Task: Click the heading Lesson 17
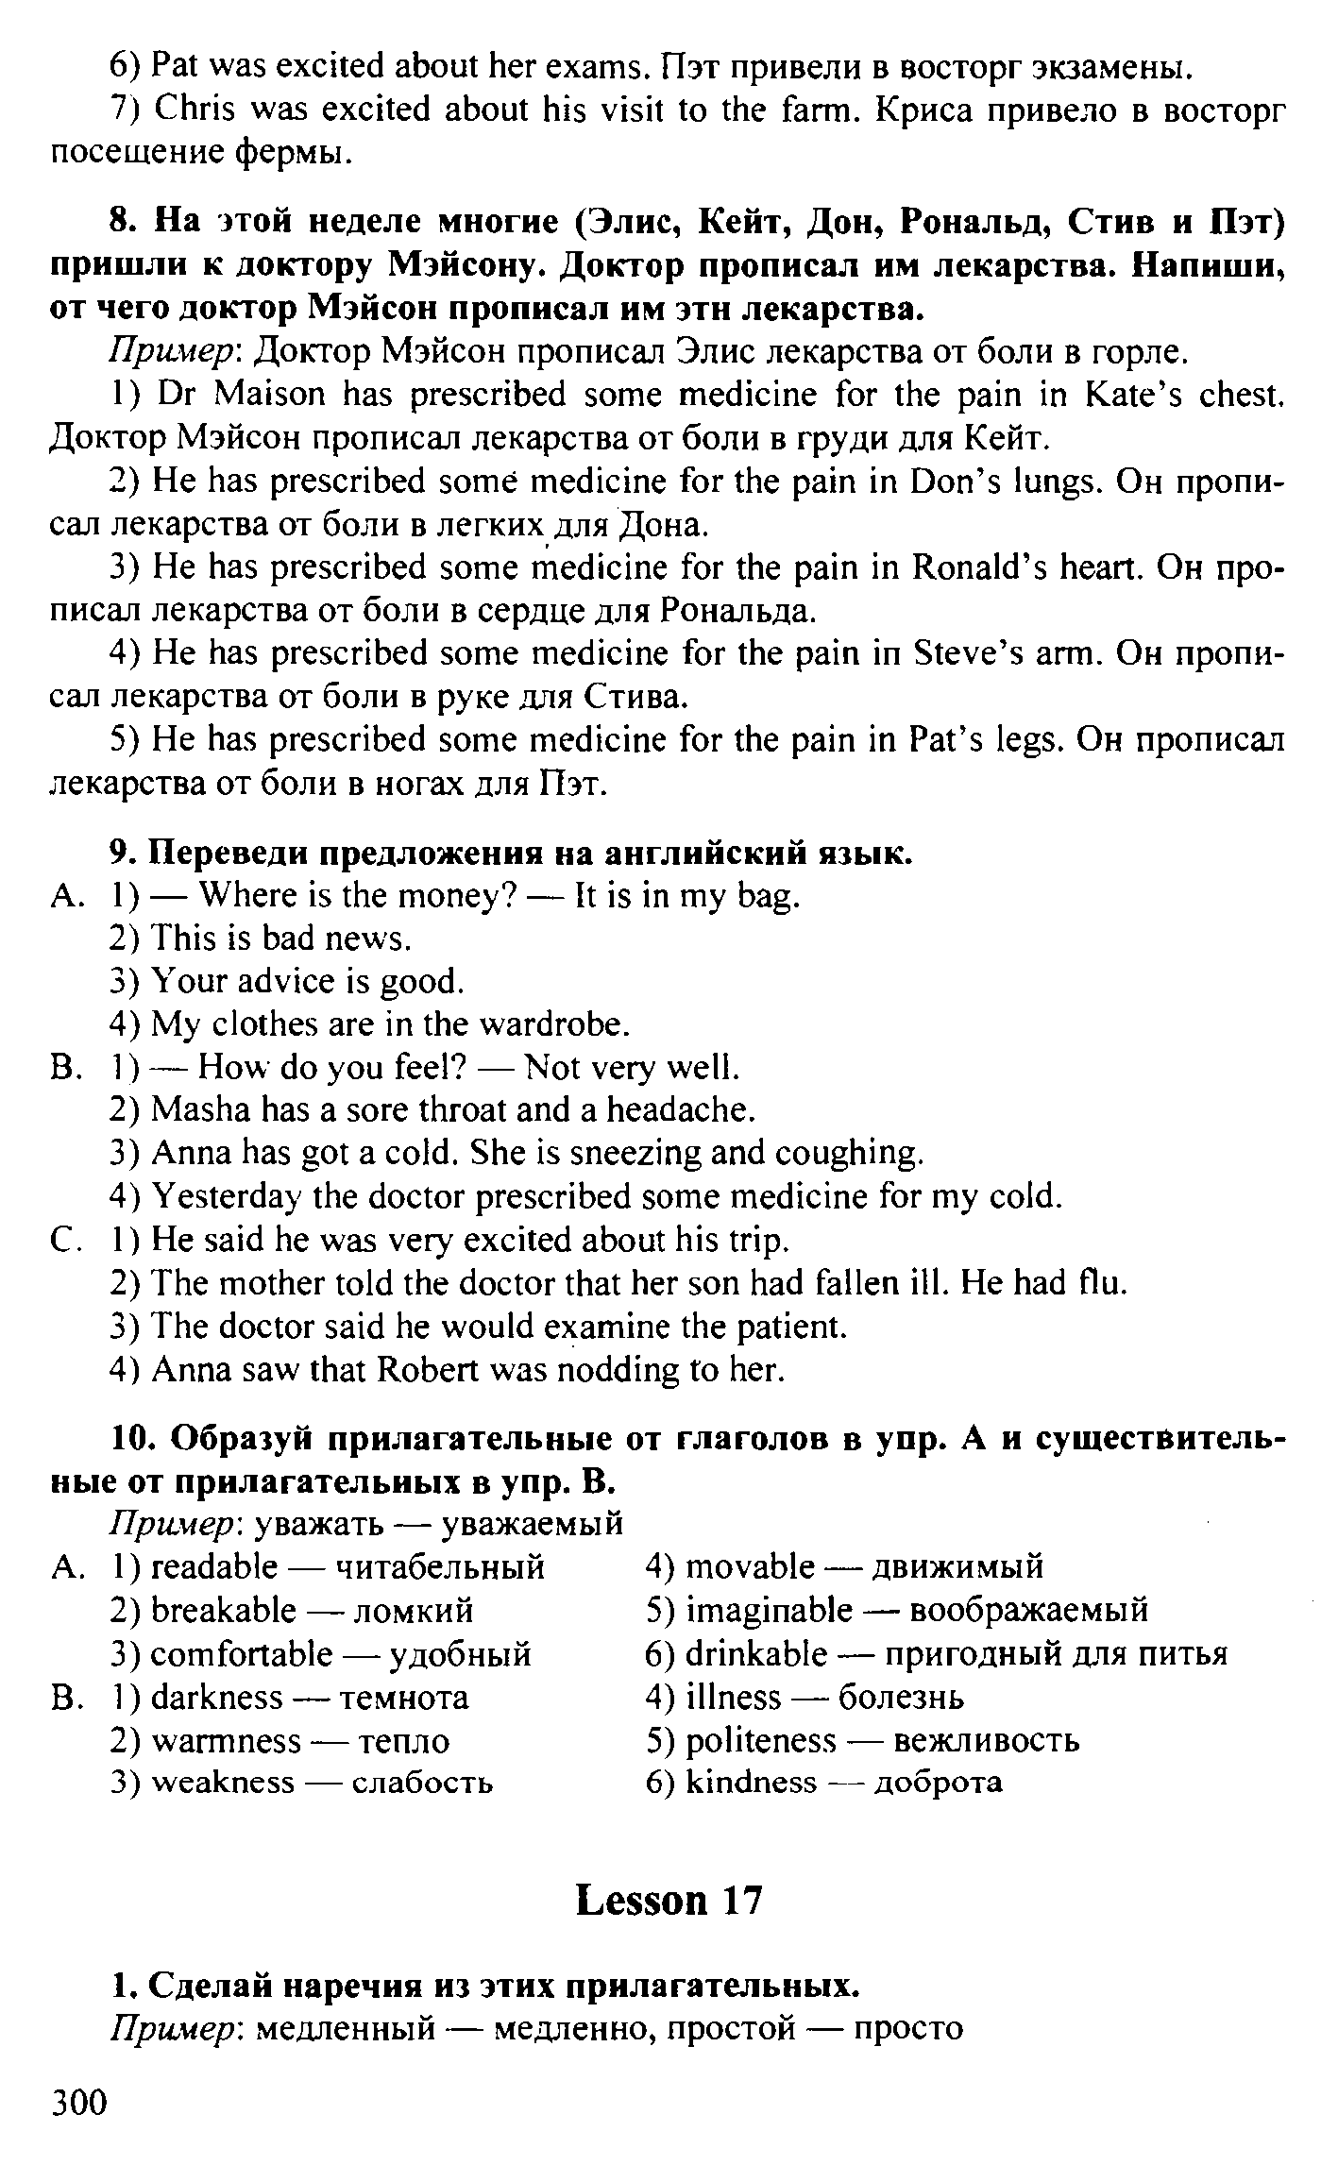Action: (x=669, y=1900)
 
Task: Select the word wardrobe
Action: (x=553, y=1024)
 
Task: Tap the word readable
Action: (x=214, y=1566)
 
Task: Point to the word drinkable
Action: (x=755, y=1653)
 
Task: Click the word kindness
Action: (x=751, y=1782)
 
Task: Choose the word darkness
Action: (x=216, y=1697)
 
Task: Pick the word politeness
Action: (x=761, y=1739)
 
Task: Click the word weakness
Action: (x=223, y=1783)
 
